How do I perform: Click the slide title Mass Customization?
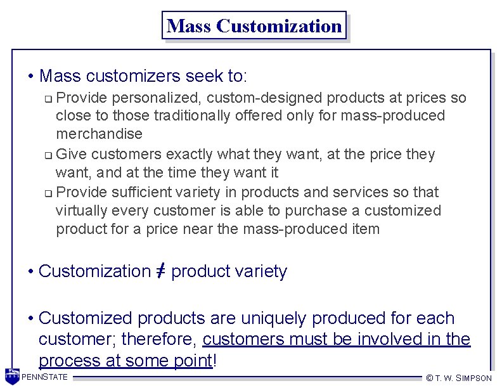pyautogui.click(x=254, y=26)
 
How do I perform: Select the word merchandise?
pyautogui.click(x=99, y=134)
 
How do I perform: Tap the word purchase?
pyautogui.click(x=317, y=210)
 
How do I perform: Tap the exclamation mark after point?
pyautogui.click(x=216, y=361)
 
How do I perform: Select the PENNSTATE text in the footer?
pyautogui.click(x=45, y=378)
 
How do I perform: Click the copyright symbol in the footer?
pyautogui.click(x=429, y=378)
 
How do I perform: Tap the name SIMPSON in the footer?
pyautogui.click(x=475, y=378)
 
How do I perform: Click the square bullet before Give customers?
pyautogui.click(x=48, y=155)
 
